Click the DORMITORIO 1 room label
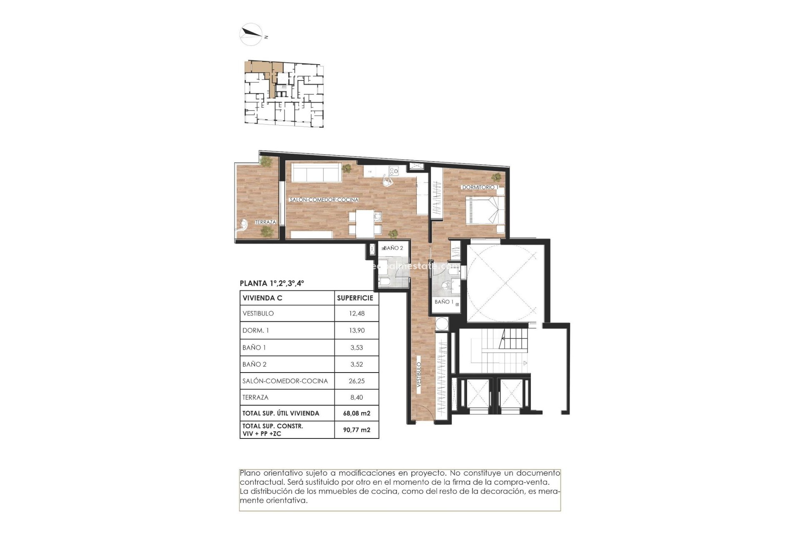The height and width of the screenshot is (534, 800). click(x=479, y=187)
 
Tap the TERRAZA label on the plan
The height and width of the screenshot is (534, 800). click(x=265, y=222)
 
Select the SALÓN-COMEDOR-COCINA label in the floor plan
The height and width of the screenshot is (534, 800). click(x=324, y=200)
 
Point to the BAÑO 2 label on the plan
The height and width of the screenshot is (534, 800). click(x=393, y=248)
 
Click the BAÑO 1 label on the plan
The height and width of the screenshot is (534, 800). click(x=444, y=302)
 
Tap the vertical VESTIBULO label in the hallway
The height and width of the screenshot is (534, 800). click(x=419, y=375)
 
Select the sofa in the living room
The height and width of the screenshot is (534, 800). click(x=316, y=172)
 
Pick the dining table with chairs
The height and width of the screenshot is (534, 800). click(x=365, y=223)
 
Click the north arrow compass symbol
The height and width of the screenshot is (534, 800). click(x=251, y=34)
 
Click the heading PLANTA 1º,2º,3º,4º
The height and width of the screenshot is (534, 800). click(x=272, y=283)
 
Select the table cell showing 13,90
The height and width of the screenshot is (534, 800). click(x=357, y=330)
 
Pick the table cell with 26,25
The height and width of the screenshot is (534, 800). click(x=357, y=381)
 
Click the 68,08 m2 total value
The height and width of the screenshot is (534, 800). click(x=357, y=413)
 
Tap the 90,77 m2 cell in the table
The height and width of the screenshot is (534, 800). click(x=357, y=430)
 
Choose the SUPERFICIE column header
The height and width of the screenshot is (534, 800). click(x=355, y=298)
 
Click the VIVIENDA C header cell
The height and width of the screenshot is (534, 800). click(x=262, y=298)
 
